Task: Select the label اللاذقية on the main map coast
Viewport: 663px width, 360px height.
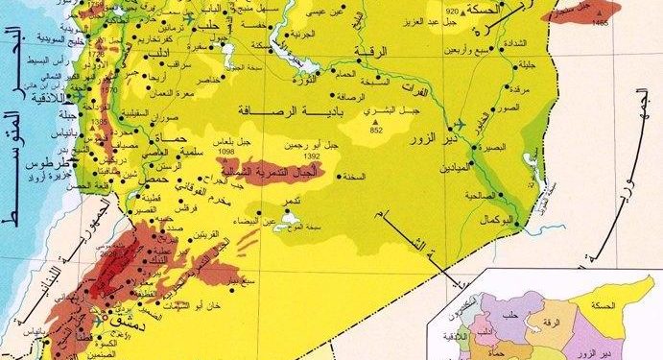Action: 47,98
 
